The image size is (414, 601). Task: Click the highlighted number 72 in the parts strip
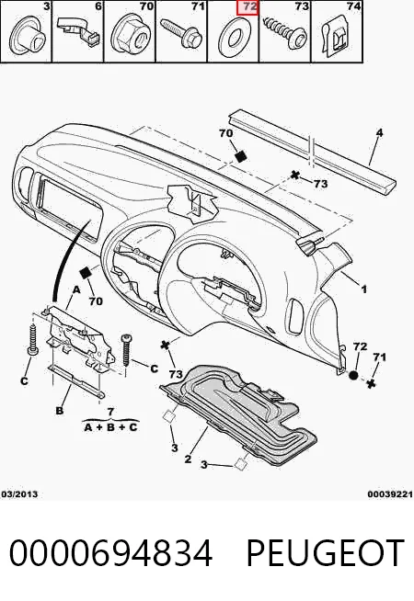pyautogui.click(x=247, y=7)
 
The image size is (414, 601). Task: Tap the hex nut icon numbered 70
pyautogui.click(x=131, y=37)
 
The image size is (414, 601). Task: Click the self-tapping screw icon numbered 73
pyautogui.click(x=285, y=32)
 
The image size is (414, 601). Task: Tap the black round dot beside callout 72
pyautogui.click(x=353, y=375)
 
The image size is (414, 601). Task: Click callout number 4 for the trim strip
pyautogui.click(x=379, y=133)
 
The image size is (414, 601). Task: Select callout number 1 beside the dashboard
pyautogui.click(x=363, y=289)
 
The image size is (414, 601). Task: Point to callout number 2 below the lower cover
pyautogui.click(x=188, y=459)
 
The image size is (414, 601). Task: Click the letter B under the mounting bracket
pyautogui.click(x=60, y=411)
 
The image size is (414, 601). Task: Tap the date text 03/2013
pyautogui.click(x=19, y=494)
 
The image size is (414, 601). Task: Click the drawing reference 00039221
pyautogui.click(x=390, y=494)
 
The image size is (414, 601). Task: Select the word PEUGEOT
pyautogui.click(x=325, y=552)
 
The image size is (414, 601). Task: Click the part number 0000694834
pyautogui.click(x=110, y=552)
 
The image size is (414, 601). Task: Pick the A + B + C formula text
pyautogui.click(x=110, y=427)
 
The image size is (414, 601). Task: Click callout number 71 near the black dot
pyautogui.click(x=379, y=357)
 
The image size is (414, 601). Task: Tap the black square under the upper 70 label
pyautogui.click(x=241, y=155)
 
